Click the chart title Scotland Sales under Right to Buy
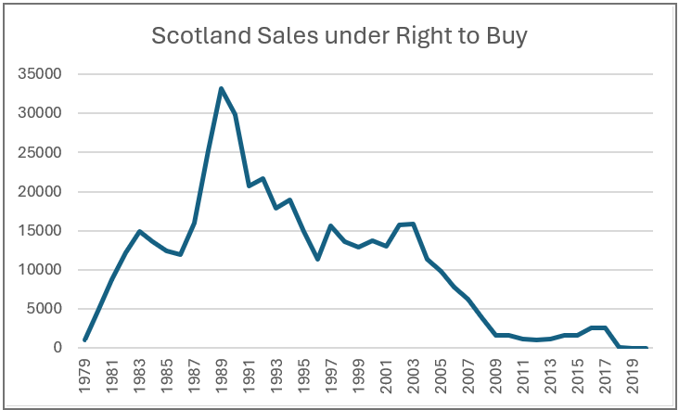(x=339, y=37)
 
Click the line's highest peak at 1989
(x=221, y=89)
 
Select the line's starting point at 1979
(x=84, y=340)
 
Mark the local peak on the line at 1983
(x=139, y=231)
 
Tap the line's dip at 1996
(x=317, y=259)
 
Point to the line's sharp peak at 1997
(x=330, y=225)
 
